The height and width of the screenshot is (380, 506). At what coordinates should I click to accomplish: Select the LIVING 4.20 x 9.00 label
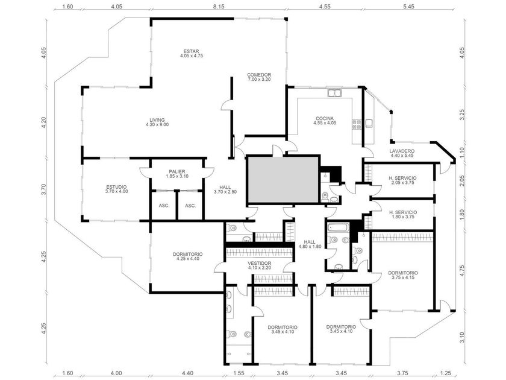pos(157,122)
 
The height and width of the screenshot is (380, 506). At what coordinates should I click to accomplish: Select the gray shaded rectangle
pos(283,180)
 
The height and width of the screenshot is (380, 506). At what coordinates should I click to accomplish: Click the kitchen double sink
pos(334,93)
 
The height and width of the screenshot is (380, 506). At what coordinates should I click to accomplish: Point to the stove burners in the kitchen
pos(357,124)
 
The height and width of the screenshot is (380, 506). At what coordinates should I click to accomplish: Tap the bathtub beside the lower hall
pos(338,228)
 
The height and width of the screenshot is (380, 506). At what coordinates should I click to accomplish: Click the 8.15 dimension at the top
pos(219,6)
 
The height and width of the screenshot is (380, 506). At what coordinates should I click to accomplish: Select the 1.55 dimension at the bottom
pos(239,373)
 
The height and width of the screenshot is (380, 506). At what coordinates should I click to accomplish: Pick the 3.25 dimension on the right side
pos(462,115)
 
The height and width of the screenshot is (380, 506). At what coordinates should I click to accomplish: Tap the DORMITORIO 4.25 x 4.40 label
pos(187,256)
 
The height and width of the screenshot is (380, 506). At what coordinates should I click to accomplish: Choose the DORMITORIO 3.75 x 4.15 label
pos(403,275)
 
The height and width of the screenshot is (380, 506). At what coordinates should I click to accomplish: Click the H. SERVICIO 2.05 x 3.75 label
pos(402,180)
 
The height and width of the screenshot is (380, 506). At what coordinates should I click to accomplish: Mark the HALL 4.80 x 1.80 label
pos(310,244)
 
